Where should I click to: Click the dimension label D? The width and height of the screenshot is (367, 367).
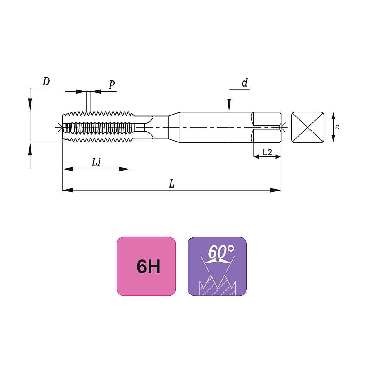click(x=46, y=82)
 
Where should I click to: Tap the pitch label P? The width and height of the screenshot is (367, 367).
click(x=112, y=85)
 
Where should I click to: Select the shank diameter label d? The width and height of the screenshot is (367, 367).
click(x=245, y=83)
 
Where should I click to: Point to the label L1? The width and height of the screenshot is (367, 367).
click(x=96, y=163)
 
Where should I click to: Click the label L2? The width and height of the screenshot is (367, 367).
click(x=267, y=152)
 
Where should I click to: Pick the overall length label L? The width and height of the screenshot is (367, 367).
click(x=172, y=184)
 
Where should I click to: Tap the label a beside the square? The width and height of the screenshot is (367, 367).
click(x=337, y=127)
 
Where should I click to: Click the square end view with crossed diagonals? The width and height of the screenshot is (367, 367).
click(x=308, y=127)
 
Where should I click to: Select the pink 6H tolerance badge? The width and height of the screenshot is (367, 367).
click(x=146, y=266)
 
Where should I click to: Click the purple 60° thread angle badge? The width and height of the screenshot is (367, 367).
click(x=217, y=266)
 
